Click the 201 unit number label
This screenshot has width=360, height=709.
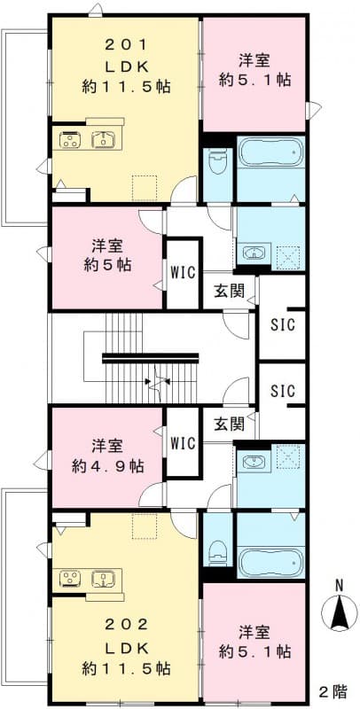[x=125, y=43]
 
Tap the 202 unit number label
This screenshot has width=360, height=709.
[x=125, y=624]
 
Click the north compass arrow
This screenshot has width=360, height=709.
[x=338, y=612]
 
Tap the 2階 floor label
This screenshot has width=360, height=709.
[x=333, y=690]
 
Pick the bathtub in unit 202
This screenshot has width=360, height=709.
[x=270, y=558]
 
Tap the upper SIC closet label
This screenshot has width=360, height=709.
[x=282, y=322]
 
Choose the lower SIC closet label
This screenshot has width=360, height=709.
[x=282, y=391]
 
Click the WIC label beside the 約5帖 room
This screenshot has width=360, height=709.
[x=183, y=271]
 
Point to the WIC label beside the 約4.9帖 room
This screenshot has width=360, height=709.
[x=183, y=441]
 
